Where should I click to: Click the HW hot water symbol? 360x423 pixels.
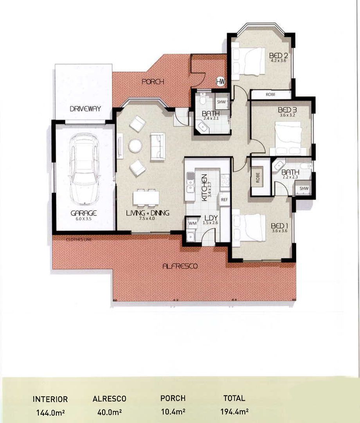point(221,81)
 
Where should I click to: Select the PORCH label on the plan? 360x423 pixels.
point(153,82)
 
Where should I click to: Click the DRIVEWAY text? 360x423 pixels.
point(85,109)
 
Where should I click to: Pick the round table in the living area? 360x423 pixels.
point(135,146)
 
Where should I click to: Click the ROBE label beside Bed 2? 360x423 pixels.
point(270,94)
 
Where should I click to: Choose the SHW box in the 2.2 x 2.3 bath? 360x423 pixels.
point(304,189)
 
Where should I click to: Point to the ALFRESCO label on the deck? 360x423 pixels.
point(180,266)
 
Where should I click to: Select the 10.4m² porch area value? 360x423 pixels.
point(173,412)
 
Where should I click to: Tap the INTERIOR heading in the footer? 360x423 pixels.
point(50,399)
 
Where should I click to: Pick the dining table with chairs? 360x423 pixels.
point(146,197)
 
